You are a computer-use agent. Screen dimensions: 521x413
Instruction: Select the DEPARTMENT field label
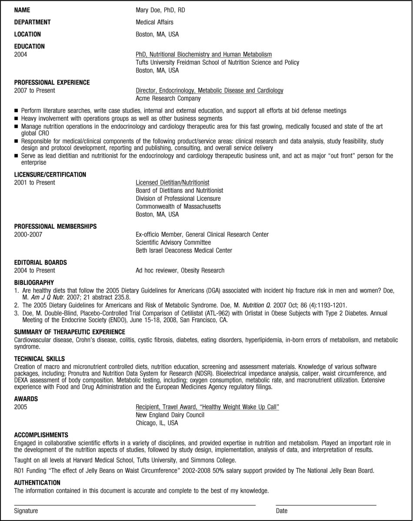(x=32, y=22)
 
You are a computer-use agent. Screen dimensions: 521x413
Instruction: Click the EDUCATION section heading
(x=29, y=46)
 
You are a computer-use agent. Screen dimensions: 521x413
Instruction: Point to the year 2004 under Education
(x=20, y=54)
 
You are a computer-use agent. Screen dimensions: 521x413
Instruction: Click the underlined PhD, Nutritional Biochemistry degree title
(x=203, y=54)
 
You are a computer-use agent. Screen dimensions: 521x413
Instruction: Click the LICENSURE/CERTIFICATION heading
(x=50, y=175)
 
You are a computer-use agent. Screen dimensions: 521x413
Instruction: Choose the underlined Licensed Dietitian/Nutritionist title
(x=172, y=183)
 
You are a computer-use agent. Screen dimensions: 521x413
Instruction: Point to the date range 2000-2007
(x=28, y=234)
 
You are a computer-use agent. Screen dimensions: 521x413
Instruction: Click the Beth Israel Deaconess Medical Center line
(x=183, y=251)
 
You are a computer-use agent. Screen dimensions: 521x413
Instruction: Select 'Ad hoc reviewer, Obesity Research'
(x=180, y=270)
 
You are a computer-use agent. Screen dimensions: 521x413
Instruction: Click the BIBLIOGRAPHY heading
(x=34, y=282)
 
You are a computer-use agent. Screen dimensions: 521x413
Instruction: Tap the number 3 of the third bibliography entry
(x=16, y=313)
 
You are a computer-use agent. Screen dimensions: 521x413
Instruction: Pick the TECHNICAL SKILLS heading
(x=39, y=359)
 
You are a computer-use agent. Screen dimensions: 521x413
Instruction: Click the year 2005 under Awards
(x=20, y=407)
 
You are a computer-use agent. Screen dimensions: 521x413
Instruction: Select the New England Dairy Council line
(x=170, y=415)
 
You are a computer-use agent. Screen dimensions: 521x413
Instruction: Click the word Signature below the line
(x=26, y=511)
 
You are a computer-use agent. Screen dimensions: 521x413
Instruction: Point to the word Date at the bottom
(x=281, y=511)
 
